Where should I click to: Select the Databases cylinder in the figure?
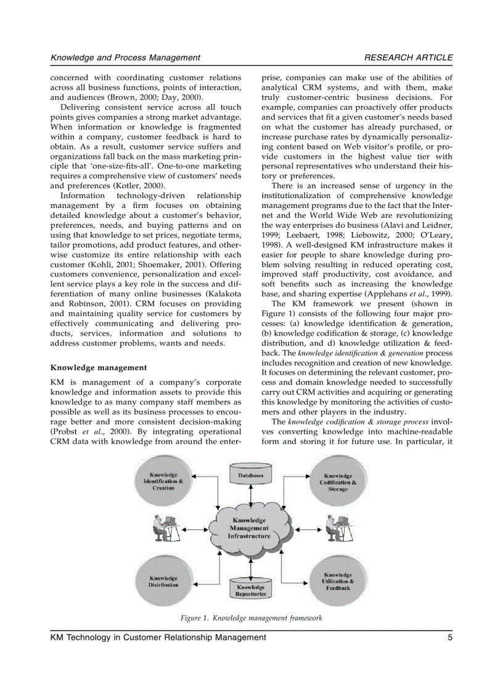click(x=251, y=476)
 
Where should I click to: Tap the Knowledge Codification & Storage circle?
click(x=338, y=482)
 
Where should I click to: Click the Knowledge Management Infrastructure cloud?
click(x=250, y=528)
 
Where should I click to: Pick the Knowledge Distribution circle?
click(x=163, y=581)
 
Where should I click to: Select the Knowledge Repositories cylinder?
click(x=250, y=589)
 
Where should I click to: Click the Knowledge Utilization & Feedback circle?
click(x=338, y=581)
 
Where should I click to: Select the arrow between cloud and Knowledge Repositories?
click(x=251, y=565)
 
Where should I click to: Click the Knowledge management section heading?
click(x=98, y=367)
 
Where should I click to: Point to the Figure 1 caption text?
click(x=251, y=618)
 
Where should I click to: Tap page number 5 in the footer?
click(x=450, y=637)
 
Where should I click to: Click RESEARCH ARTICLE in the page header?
click(x=408, y=57)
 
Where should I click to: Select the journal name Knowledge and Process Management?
click(x=125, y=57)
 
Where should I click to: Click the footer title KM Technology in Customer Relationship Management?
click(x=158, y=637)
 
